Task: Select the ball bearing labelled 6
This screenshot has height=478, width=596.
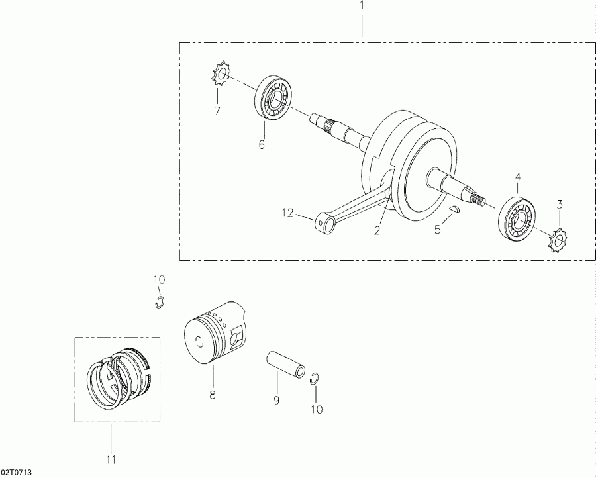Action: click(x=273, y=99)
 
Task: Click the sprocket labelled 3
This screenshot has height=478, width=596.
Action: click(x=558, y=240)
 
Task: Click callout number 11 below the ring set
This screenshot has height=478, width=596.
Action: click(x=111, y=459)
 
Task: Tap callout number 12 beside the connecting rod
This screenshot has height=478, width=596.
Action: click(x=287, y=213)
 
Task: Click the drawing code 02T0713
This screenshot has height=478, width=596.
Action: click(x=17, y=472)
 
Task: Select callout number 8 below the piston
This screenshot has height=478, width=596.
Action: click(x=213, y=395)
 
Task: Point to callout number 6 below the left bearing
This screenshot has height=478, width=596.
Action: click(x=262, y=144)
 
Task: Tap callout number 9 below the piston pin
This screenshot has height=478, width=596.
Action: click(x=277, y=401)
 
